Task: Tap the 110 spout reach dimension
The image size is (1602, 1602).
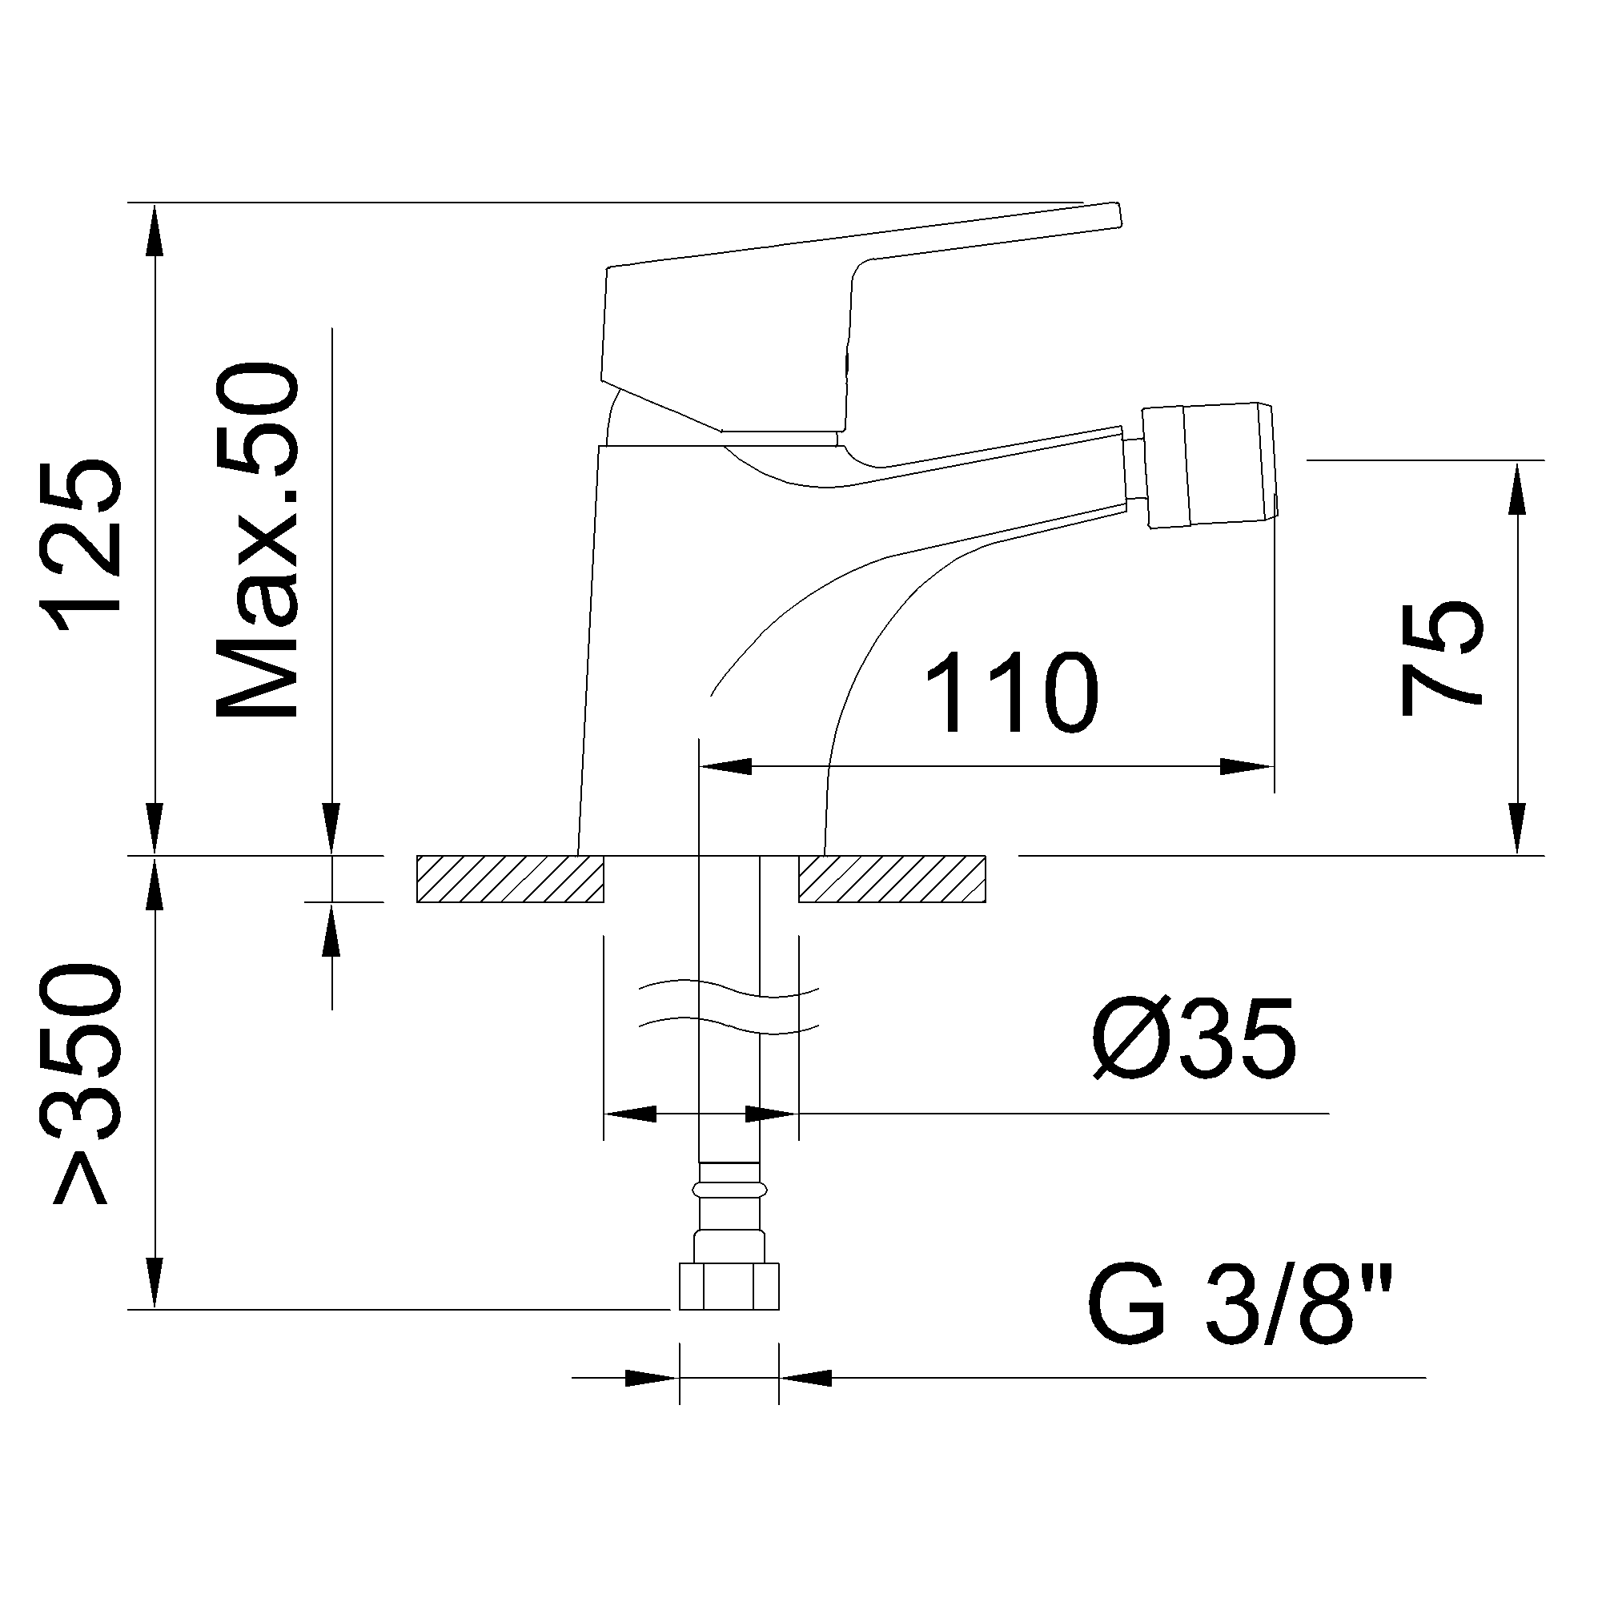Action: pos(1012,693)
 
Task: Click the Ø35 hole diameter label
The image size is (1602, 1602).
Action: pos(1194,1038)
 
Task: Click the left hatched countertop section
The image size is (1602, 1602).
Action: pos(510,878)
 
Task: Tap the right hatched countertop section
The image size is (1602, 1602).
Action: pos(892,878)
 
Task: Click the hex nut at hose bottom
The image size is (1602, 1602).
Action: pos(729,1286)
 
